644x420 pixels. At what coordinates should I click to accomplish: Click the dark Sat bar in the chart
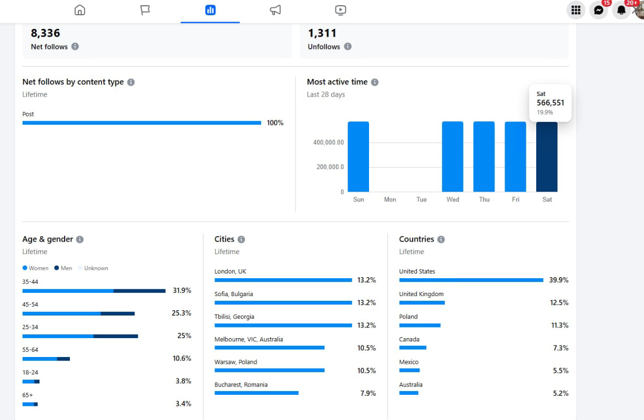point(547,157)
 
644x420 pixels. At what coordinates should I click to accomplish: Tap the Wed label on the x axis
point(453,199)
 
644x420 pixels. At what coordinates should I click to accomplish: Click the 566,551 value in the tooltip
point(550,103)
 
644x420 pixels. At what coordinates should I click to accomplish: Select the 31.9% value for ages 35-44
point(182,290)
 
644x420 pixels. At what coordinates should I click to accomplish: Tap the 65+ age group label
point(27,395)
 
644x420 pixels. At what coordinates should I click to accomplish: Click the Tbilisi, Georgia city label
point(234,317)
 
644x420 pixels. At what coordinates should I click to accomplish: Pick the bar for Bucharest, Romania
point(256,393)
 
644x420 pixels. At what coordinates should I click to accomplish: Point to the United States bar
point(471,280)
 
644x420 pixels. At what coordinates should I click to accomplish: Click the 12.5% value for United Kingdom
point(559,302)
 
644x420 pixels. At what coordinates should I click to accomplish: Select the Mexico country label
point(408,362)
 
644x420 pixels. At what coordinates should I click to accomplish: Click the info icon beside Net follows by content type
point(131,82)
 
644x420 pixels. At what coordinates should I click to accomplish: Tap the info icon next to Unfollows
point(347,47)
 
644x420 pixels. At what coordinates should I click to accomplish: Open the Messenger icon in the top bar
point(598,10)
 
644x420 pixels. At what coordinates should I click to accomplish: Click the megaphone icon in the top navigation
point(275,10)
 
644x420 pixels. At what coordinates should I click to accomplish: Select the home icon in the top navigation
point(79,10)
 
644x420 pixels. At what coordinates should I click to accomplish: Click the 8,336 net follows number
point(45,33)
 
